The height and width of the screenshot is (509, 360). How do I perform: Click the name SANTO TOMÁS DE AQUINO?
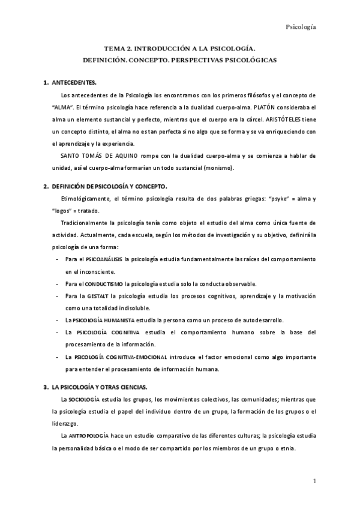(x=99, y=156)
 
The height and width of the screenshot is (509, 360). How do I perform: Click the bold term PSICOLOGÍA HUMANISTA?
(x=103, y=320)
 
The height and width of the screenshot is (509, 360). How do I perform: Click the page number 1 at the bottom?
(x=314, y=482)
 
